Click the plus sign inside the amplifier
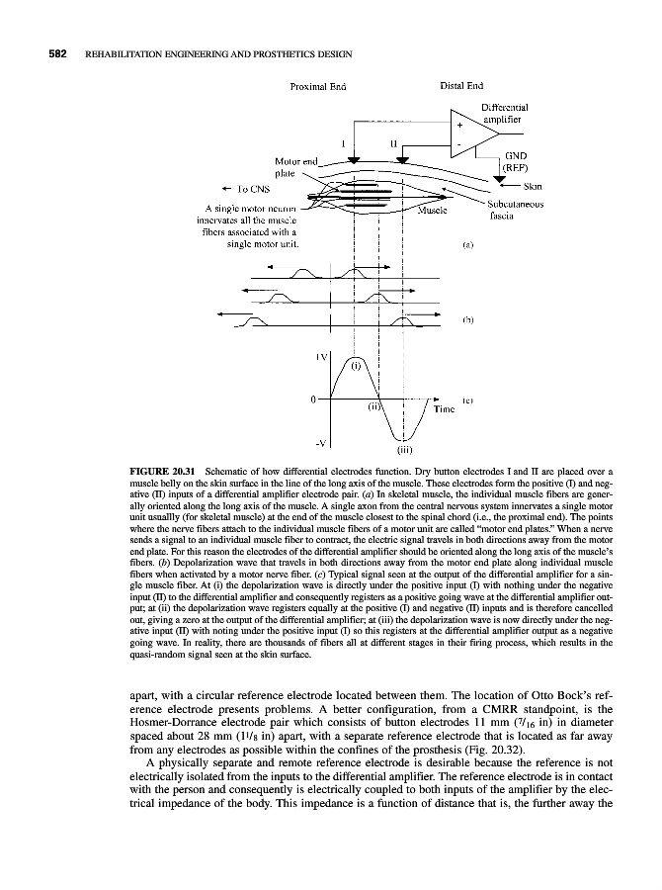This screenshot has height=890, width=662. point(459,126)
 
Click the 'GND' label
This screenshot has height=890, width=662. point(515,155)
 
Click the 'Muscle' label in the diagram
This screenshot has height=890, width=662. point(434,210)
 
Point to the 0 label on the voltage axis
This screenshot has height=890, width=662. point(313,400)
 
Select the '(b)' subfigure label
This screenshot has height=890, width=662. point(468,320)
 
